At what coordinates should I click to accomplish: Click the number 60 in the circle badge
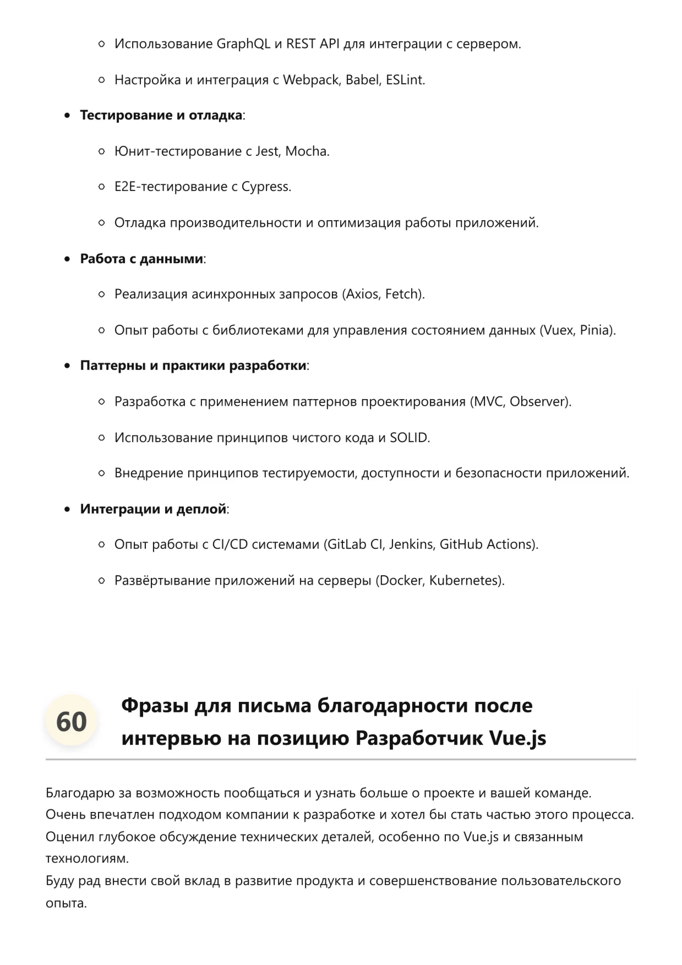click(72, 721)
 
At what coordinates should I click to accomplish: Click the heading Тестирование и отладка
click(161, 116)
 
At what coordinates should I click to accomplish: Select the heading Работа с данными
click(141, 259)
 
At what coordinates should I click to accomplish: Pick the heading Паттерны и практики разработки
click(193, 366)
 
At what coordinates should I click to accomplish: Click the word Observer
click(538, 402)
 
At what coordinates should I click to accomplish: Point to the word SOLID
click(408, 438)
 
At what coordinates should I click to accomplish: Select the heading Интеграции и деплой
click(153, 509)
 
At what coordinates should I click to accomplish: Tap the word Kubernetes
click(464, 580)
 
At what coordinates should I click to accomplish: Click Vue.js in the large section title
click(517, 738)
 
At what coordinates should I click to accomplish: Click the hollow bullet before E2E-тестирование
click(101, 187)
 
